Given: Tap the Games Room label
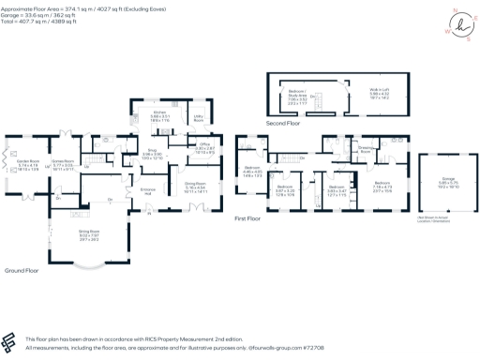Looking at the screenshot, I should tap(63, 164).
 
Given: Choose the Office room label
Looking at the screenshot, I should tap(205, 148).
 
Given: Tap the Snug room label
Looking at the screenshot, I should tap(152, 153).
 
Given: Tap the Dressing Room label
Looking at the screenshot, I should tap(366, 149).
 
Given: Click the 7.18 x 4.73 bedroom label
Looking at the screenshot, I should tap(382, 185).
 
